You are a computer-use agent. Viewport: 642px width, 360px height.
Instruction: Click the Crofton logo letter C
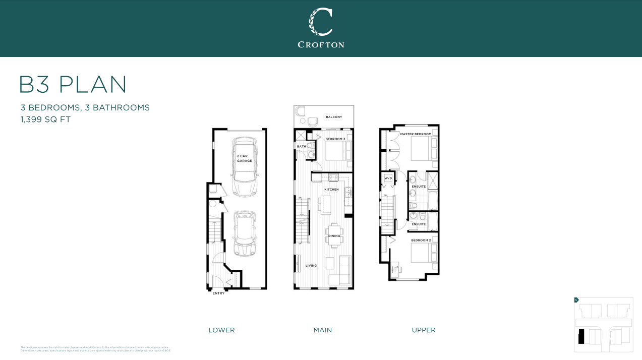(321, 22)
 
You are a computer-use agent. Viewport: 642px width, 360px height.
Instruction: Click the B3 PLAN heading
(73, 85)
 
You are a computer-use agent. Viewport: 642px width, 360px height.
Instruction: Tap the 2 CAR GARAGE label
(245, 158)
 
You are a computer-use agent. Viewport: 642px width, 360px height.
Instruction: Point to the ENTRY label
(218, 293)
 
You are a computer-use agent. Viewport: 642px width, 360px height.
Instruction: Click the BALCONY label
(334, 117)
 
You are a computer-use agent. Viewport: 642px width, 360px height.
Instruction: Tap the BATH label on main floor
(301, 147)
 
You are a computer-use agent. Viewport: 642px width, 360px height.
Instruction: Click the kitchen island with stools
(325, 205)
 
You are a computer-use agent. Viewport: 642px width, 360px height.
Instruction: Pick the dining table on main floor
(334, 236)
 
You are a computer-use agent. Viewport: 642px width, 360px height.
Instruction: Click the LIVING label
(311, 266)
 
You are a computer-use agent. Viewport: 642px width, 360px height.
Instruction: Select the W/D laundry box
(388, 178)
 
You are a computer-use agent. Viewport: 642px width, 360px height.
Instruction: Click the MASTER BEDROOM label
(416, 134)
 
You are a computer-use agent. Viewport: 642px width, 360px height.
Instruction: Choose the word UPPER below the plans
(424, 330)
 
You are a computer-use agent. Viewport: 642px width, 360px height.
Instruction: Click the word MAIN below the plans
(323, 330)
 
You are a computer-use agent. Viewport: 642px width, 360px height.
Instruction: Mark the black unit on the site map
(581, 336)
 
